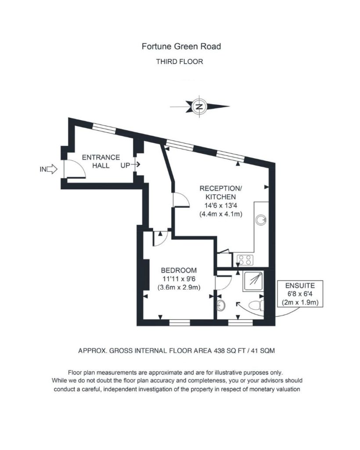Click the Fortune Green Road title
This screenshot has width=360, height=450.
(181, 47)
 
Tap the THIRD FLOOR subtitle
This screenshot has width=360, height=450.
(180, 62)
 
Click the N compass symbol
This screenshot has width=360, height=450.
(199, 106)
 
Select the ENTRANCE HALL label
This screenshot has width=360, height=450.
(101, 161)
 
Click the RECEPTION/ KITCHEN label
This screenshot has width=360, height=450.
(221, 192)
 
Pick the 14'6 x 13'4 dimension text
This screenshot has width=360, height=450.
(221, 205)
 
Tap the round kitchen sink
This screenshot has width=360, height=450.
(261, 220)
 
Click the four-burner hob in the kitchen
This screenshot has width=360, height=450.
(245, 260)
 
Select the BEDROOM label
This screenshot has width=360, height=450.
(179, 270)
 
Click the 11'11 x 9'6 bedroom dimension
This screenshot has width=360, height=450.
(179, 279)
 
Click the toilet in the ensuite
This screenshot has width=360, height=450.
(256, 305)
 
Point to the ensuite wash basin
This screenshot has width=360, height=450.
(221, 306)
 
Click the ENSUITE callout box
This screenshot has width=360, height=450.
(300, 294)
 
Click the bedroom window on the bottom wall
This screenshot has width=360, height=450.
(180, 323)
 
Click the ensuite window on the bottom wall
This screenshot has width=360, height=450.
(241, 323)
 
